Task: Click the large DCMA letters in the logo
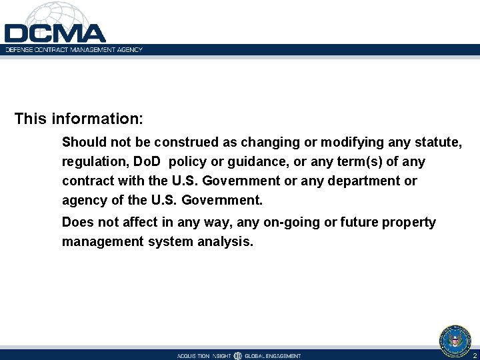click(x=55, y=33)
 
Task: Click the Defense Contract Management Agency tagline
click(x=74, y=50)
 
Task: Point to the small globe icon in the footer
click(x=238, y=356)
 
